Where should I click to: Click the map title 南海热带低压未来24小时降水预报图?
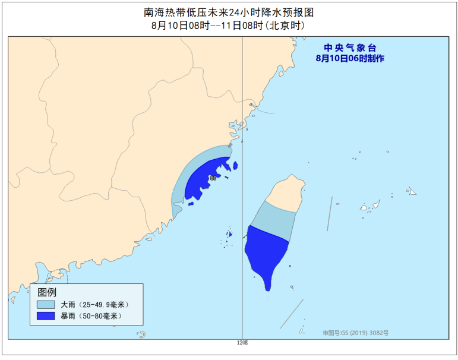(229, 12)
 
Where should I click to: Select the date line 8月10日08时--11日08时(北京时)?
(229, 26)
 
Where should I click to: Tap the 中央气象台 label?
(350, 48)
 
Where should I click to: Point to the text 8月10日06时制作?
(350, 58)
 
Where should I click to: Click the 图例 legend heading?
(47, 292)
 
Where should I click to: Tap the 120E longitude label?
(242, 343)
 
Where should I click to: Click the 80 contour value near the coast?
(213, 178)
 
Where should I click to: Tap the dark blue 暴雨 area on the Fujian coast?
(205, 178)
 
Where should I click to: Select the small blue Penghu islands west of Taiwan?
(229, 233)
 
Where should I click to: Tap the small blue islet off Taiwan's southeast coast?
(290, 266)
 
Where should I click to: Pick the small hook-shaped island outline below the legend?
(142, 335)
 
